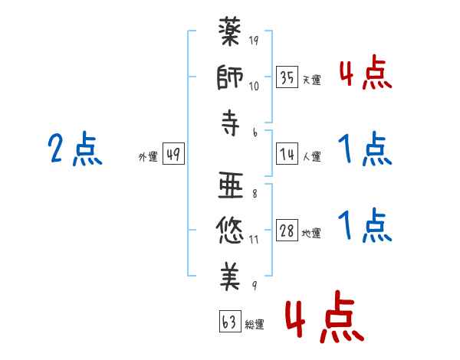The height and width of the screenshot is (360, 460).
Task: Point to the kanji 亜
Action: (231, 185)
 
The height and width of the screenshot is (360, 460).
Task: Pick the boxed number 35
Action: (287, 78)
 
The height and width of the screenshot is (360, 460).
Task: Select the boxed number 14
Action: (287, 155)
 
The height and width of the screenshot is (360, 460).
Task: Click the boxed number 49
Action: (173, 155)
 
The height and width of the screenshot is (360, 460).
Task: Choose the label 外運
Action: (148, 157)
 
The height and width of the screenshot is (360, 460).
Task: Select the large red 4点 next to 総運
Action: (323, 320)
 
